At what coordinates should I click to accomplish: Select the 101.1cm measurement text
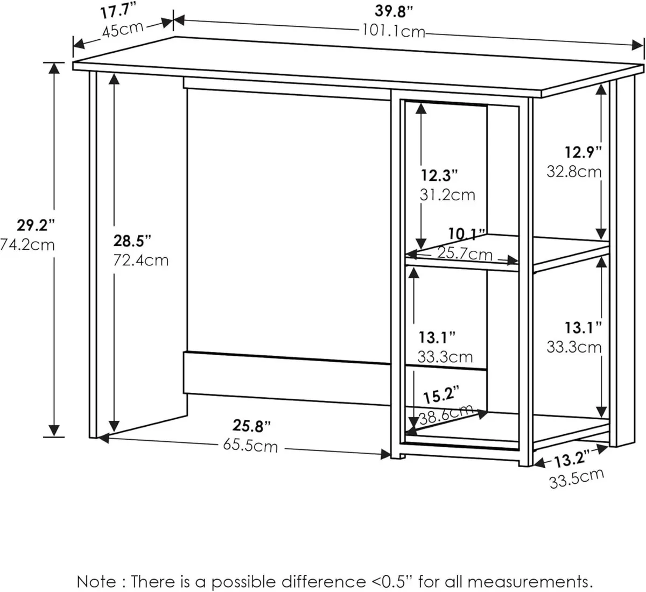(x=393, y=32)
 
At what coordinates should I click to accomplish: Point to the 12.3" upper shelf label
(x=439, y=175)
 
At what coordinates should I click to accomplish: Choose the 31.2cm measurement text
(x=447, y=194)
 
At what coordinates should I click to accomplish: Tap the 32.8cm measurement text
(x=574, y=172)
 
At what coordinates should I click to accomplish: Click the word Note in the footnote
(x=95, y=581)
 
